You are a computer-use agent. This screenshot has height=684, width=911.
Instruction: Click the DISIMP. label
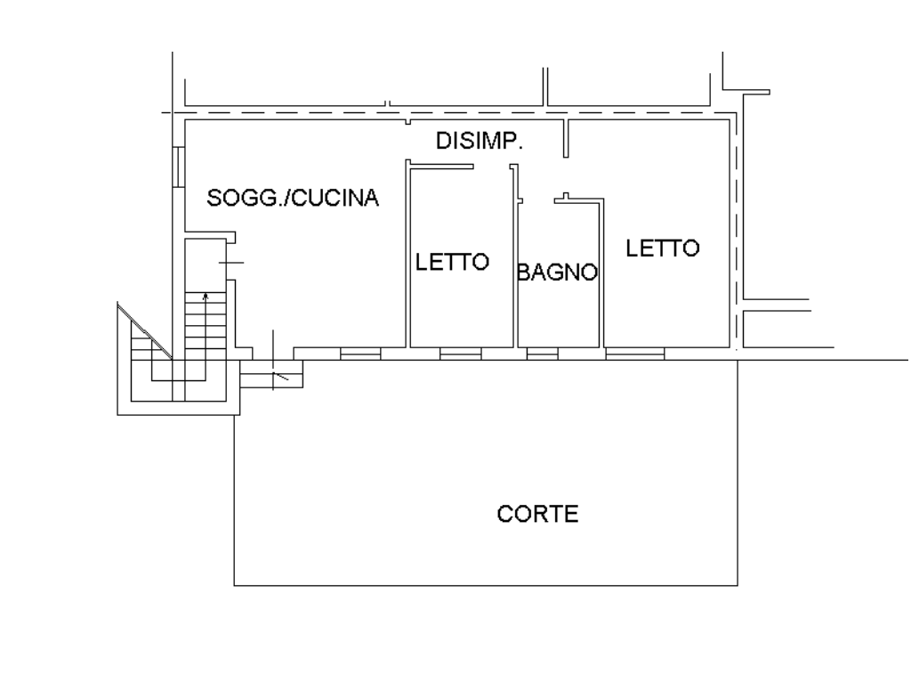pyautogui.click(x=480, y=141)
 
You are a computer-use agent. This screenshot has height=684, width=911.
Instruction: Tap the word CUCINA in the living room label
pyautogui.click(x=335, y=199)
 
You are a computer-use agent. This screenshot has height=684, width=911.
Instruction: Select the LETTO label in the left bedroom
pyautogui.click(x=452, y=262)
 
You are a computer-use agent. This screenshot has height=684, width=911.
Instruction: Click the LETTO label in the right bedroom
pyautogui.click(x=662, y=248)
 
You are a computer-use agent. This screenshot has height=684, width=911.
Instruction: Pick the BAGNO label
pyautogui.click(x=557, y=273)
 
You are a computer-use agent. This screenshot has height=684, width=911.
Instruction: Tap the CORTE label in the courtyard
pyautogui.click(x=537, y=514)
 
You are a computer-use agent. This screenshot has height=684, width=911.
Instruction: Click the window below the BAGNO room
pyautogui.click(x=542, y=354)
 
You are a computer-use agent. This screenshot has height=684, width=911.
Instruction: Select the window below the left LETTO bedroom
pyautogui.click(x=460, y=354)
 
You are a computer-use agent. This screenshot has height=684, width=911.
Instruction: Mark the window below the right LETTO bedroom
pyautogui.click(x=635, y=354)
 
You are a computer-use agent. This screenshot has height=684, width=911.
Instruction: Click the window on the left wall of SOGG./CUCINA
pyautogui.click(x=178, y=167)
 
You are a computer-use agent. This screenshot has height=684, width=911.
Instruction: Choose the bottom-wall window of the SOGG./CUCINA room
pyautogui.click(x=360, y=354)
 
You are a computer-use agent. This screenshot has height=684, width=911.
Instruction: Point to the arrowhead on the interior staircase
pyautogui.click(x=206, y=297)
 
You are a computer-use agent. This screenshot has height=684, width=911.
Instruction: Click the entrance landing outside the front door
pyautogui.click(x=271, y=374)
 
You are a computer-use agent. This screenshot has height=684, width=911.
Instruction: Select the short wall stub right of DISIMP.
pyautogui.click(x=566, y=138)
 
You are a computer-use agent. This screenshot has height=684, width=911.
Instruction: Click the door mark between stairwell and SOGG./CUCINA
pyautogui.click(x=231, y=263)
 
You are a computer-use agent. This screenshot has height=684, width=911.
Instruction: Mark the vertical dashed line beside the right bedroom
pyautogui.click(x=737, y=232)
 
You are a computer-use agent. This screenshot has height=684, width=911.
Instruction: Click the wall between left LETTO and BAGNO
pyautogui.click(x=515, y=256)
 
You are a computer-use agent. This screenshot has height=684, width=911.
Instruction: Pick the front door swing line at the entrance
pyautogui.click(x=280, y=376)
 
